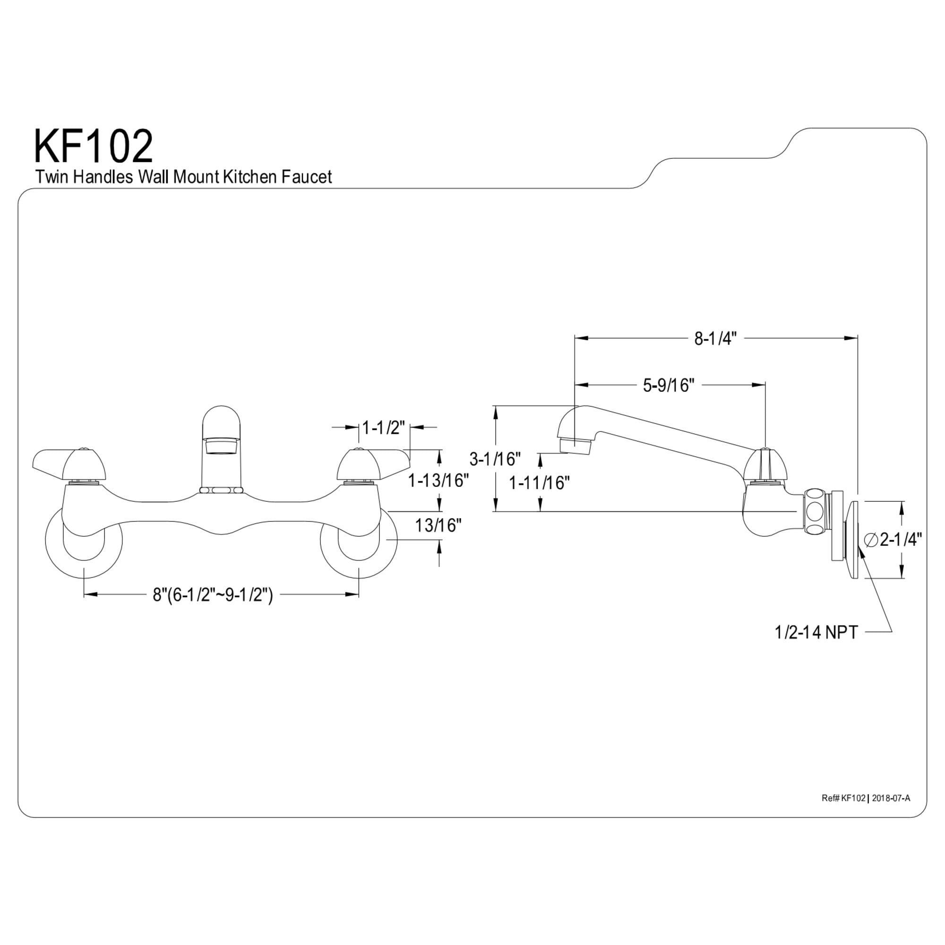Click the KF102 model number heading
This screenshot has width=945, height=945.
[93, 146]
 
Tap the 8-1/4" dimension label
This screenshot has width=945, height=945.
[715, 338]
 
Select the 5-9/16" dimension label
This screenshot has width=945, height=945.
[669, 386]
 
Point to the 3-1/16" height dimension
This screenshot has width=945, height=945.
[495, 459]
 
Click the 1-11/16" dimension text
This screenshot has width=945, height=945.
[540, 483]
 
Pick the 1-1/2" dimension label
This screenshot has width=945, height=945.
[384, 428]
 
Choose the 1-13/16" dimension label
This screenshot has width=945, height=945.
[439, 481]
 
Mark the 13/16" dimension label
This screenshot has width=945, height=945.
[438, 526]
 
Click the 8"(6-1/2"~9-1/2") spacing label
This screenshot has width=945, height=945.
[213, 595]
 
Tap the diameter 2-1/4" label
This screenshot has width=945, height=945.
[893, 540]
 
